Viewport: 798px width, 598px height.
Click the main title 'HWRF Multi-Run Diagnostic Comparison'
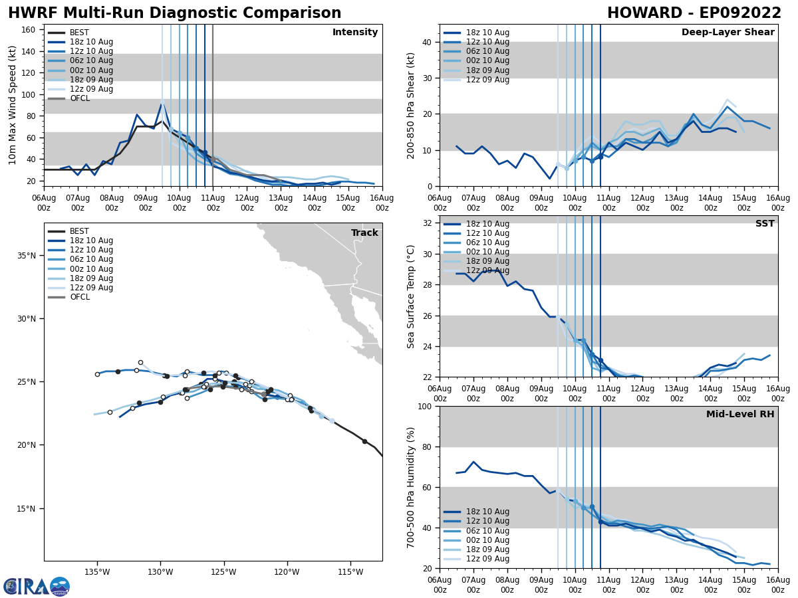click(174, 13)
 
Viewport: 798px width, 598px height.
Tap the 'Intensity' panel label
click(355, 33)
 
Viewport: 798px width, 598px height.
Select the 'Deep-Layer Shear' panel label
click(728, 33)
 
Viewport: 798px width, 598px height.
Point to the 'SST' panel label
click(764, 224)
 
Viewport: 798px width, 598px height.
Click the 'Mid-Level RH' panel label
click(740, 415)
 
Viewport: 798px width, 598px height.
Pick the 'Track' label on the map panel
click(364, 233)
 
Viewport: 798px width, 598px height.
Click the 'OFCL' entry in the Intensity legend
click(80, 98)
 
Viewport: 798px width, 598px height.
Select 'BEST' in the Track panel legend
click(80, 231)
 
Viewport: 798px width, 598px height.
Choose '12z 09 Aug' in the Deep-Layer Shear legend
click(488, 80)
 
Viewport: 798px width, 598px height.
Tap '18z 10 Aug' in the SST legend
click(488, 224)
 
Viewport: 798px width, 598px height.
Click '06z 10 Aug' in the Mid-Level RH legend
click(488, 531)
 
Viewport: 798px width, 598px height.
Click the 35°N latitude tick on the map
click(27, 256)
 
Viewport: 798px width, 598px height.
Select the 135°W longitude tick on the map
click(96, 571)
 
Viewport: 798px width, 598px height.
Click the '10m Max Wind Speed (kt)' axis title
click(13, 105)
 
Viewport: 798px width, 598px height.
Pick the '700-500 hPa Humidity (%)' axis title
click(412, 487)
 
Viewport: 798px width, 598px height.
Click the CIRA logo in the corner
click(37, 587)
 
